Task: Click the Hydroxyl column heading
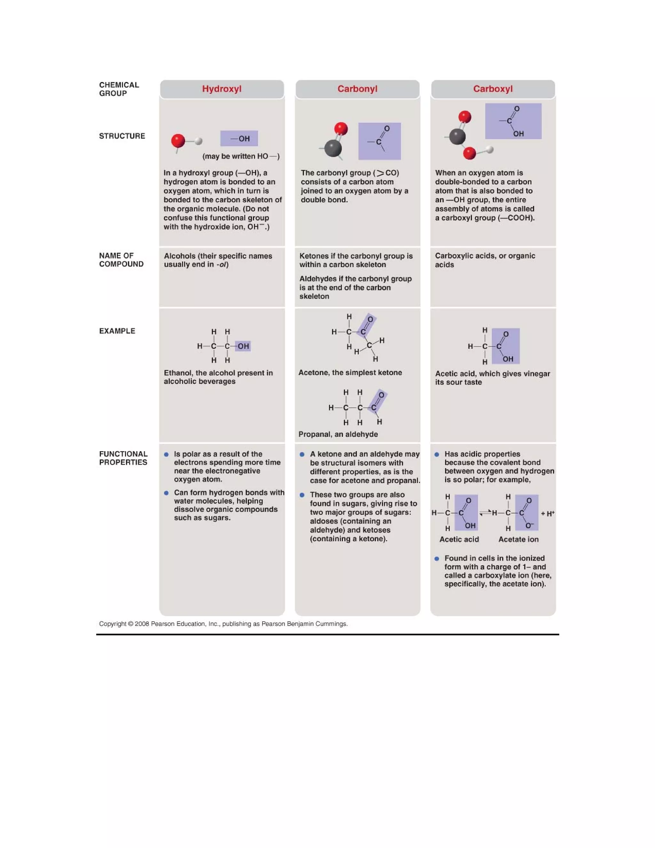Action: (x=222, y=89)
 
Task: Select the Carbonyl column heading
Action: (x=357, y=89)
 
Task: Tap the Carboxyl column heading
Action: (x=493, y=89)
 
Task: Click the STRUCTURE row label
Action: (x=122, y=136)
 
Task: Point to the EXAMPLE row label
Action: (x=117, y=331)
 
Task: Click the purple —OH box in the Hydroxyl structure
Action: (x=239, y=139)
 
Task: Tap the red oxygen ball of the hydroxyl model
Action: (x=178, y=140)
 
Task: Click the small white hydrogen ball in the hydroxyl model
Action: (x=199, y=141)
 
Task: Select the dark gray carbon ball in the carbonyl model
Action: (x=333, y=148)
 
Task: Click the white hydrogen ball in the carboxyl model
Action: (x=490, y=149)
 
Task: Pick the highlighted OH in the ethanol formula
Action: (x=243, y=346)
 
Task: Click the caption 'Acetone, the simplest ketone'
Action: (x=350, y=372)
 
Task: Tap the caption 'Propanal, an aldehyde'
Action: (x=338, y=434)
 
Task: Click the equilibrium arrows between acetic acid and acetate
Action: (x=485, y=513)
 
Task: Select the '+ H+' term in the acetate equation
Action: (x=548, y=513)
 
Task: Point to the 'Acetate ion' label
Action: (x=518, y=539)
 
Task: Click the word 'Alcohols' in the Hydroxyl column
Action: (x=180, y=256)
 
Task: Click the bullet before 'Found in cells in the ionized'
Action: (x=437, y=558)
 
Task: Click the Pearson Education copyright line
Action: (x=223, y=624)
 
